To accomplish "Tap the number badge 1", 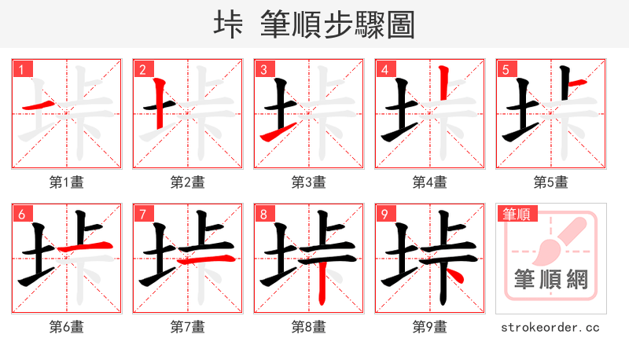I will pos(21,69).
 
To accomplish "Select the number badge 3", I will pos(263,69).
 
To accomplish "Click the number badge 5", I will pos(506,69).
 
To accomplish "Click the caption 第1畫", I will pos(66,182).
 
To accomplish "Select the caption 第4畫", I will pos(429,182).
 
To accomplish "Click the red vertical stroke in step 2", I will pos(159,103).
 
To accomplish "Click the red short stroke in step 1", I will pos(40,105).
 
